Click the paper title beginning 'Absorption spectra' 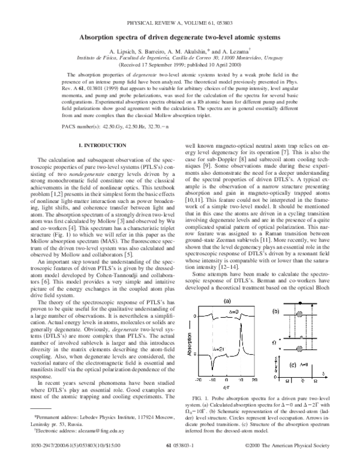[x=179, y=37]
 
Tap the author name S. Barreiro [x=155, y=53]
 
